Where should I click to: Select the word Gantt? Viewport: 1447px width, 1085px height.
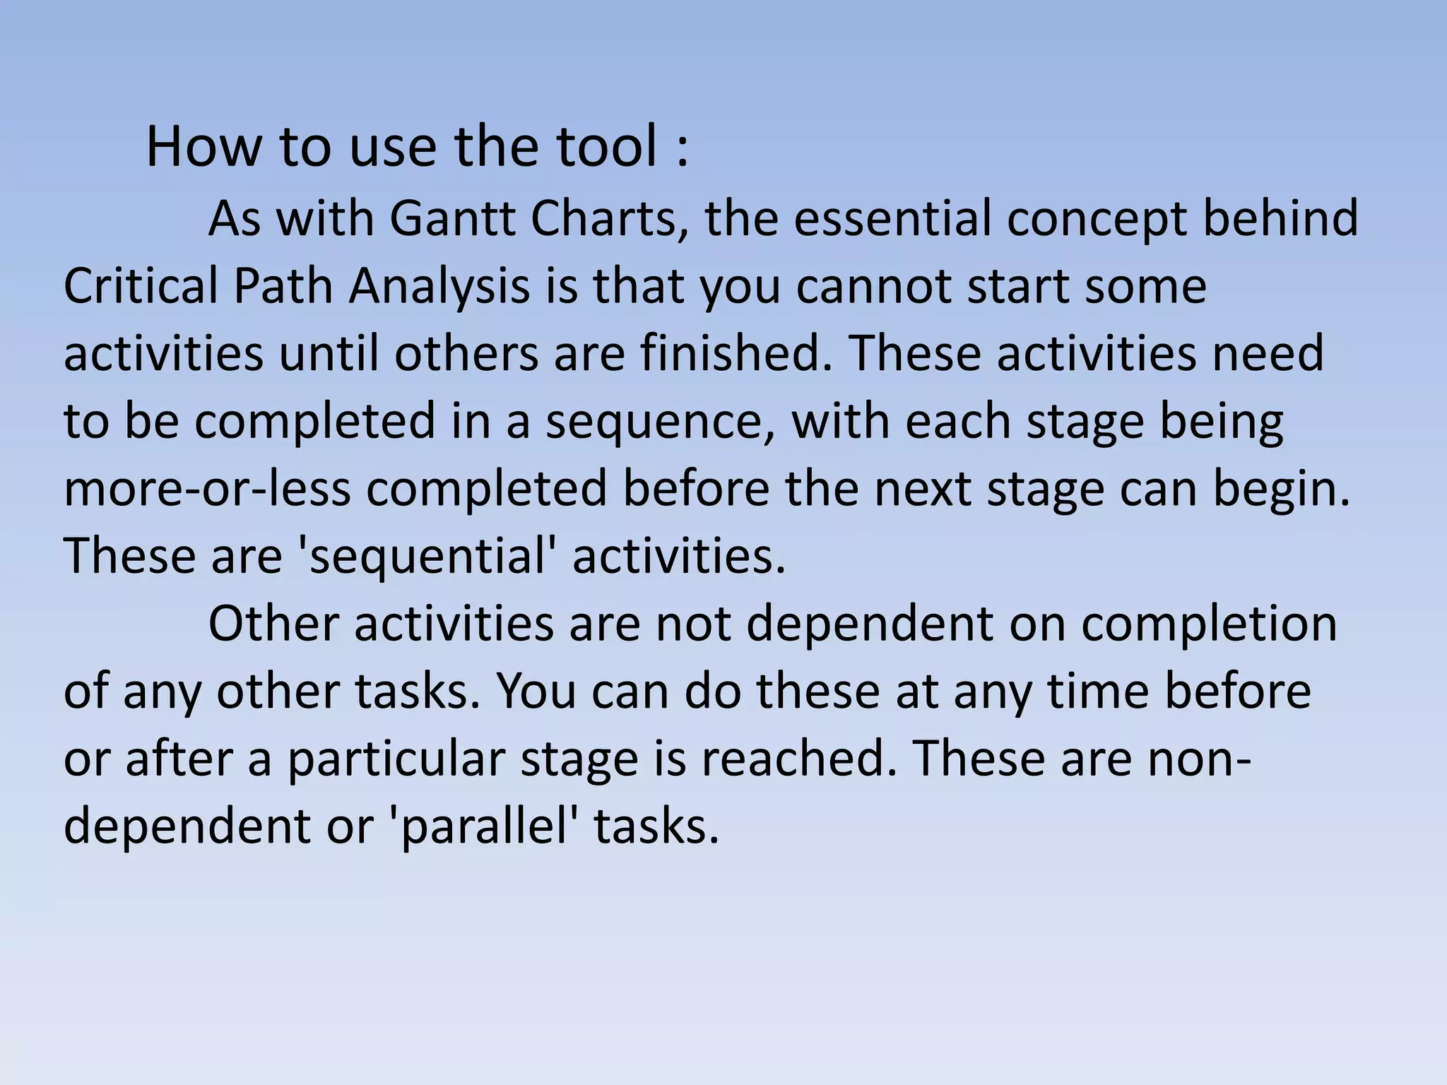(x=453, y=218)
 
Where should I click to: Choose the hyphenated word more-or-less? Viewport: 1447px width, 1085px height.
(x=207, y=490)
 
